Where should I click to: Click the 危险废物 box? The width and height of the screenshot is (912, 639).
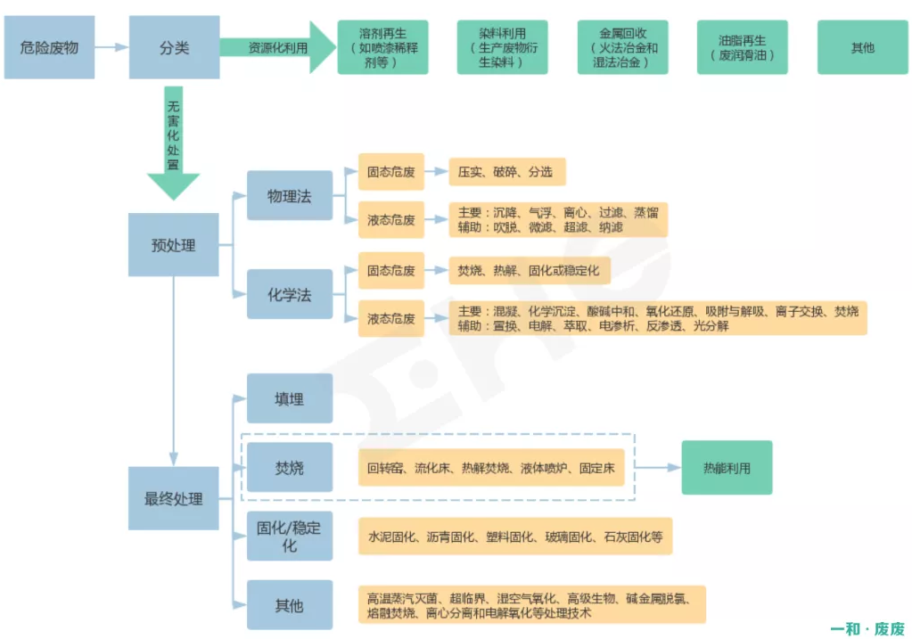pos(49,47)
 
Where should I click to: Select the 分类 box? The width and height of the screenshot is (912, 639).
pos(174,47)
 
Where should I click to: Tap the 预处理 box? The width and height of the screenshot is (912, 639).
pos(174,244)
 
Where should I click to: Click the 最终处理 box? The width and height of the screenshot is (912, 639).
pos(174,498)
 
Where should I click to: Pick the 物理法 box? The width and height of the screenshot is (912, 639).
pos(290,196)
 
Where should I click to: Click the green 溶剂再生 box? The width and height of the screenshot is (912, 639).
pos(382,47)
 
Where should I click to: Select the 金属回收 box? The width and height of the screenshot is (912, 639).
pos(622,47)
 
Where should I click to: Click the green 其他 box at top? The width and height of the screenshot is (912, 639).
pos(862,47)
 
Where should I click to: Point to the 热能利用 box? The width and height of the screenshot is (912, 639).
pos(727,467)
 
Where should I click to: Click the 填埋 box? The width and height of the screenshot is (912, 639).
pos(290,398)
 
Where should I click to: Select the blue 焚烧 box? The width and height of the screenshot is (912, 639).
pos(290,467)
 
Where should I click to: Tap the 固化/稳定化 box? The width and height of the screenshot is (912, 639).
pos(290,536)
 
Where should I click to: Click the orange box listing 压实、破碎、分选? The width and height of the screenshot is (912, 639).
pos(506,171)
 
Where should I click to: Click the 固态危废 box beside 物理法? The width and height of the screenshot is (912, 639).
pos(391,171)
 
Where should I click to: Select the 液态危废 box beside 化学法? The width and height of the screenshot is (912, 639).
pos(391,318)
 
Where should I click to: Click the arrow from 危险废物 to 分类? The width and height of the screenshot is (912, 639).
pos(111,47)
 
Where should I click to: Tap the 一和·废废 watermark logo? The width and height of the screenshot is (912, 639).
pos(867,627)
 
